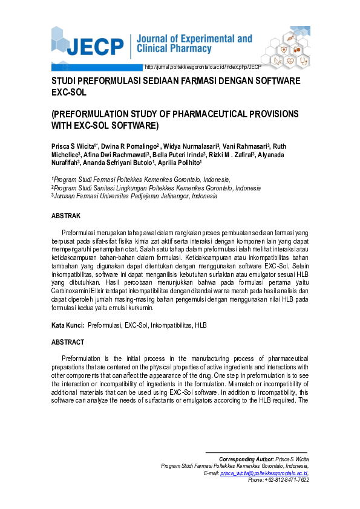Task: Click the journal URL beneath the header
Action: pos(203,67)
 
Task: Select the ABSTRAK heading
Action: pos(66,216)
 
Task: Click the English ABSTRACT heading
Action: pos(68,342)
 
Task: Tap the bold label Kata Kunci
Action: pos(67,325)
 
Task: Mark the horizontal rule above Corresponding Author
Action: pos(257,452)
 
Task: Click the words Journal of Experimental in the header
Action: pos(195,39)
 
